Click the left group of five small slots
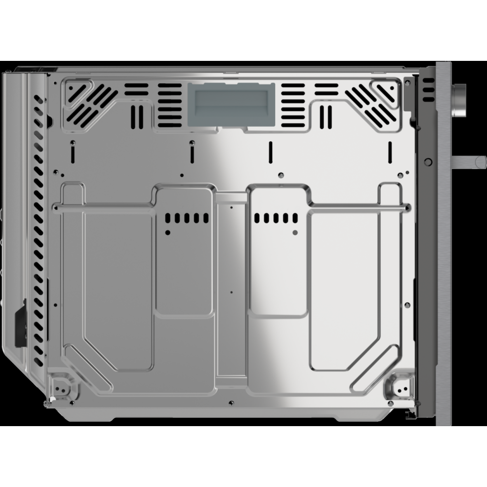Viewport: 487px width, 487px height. tap(187, 218)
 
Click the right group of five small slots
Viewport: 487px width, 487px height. tap(275, 218)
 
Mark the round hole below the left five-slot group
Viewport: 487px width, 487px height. tap(168, 233)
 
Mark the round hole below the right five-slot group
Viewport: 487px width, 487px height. tap(295, 233)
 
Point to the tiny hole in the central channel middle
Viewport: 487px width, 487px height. tap(231, 292)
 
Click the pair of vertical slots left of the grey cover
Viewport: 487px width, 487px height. tap(137, 114)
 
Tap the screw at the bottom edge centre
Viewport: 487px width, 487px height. tap(231, 402)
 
